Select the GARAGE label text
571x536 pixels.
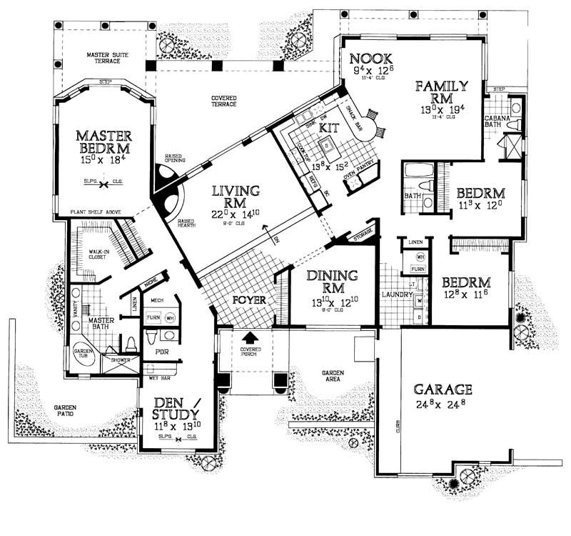(x=443, y=389)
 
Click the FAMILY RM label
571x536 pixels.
(x=443, y=92)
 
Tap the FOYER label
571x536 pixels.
(x=249, y=300)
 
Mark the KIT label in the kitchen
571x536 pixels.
(x=328, y=127)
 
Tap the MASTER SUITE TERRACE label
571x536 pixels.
(x=107, y=58)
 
